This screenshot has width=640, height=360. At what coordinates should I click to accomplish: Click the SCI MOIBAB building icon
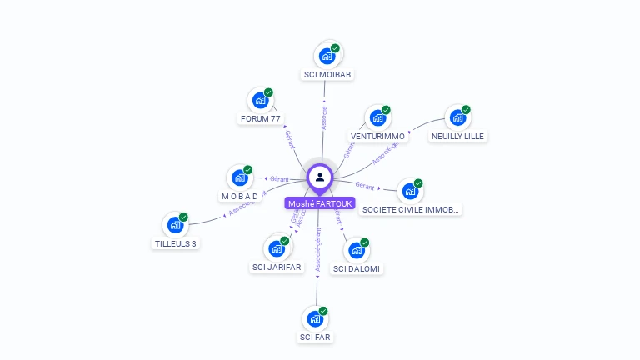(x=327, y=57)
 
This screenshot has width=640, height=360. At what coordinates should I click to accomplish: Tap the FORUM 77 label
(x=260, y=119)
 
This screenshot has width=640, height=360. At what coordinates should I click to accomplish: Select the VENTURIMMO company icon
(x=377, y=118)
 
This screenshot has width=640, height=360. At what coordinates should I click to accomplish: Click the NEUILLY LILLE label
(x=457, y=136)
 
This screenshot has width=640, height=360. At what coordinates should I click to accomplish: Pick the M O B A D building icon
(x=240, y=177)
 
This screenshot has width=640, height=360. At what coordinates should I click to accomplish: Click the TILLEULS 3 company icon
(x=175, y=225)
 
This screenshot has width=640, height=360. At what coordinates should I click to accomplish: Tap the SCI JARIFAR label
(x=277, y=267)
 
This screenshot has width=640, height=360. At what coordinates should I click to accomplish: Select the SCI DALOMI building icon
(x=357, y=250)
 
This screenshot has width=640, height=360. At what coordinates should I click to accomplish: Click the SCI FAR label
(x=315, y=337)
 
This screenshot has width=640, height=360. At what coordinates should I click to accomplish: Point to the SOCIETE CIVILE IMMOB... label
(x=410, y=210)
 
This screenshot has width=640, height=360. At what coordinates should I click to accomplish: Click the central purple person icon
(x=320, y=177)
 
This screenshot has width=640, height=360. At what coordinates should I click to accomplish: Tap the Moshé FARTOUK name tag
(x=320, y=203)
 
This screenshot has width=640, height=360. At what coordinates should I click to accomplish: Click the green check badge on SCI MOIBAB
(x=335, y=48)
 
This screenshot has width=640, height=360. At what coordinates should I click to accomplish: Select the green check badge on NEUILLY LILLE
(x=466, y=110)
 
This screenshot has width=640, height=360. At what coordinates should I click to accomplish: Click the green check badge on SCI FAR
(x=322, y=311)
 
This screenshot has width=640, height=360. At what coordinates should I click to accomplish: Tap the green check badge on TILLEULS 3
(x=183, y=217)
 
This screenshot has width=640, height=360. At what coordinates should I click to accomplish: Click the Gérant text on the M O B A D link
(x=279, y=178)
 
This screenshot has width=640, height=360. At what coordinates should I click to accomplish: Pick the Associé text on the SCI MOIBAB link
(x=324, y=117)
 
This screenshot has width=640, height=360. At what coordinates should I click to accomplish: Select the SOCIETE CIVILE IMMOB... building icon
(x=409, y=192)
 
